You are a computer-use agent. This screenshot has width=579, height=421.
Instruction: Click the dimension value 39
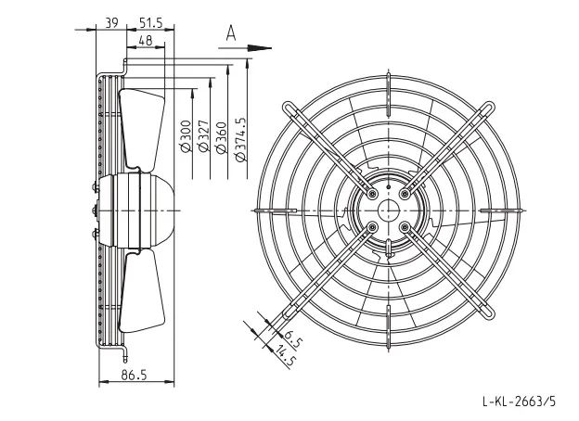[x=111, y=23]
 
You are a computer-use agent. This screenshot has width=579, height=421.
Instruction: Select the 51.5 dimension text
[x=151, y=23]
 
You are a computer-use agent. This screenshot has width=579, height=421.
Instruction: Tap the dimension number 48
[x=146, y=40]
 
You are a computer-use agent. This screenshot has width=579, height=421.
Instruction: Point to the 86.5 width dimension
[x=134, y=375]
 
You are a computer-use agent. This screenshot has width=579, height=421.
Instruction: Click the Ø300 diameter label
[x=187, y=136]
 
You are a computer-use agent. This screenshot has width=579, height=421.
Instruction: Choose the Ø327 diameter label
[x=203, y=136]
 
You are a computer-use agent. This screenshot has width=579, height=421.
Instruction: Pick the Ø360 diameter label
[x=221, y=137]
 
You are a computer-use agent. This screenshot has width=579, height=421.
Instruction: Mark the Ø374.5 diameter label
[x=240, y=140]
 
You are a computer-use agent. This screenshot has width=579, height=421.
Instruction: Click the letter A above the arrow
[x=231, y=32]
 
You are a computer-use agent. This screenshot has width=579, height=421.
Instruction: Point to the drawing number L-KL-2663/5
[x=519, y=401]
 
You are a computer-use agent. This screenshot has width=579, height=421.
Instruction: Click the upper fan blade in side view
[x=141, y=129]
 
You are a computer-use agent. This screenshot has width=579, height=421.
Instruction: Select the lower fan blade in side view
[x=141, y=291]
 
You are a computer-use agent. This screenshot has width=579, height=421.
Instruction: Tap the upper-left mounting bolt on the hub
[x=372, y=193]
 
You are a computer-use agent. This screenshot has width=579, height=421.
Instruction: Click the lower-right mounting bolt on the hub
[x=405, y=226]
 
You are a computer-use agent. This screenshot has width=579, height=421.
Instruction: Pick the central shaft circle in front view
[x=389, y=210]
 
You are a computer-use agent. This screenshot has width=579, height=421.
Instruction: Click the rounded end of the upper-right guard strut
[x=490, y=107]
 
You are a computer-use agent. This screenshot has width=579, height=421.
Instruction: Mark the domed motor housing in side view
[x=155, y=210]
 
